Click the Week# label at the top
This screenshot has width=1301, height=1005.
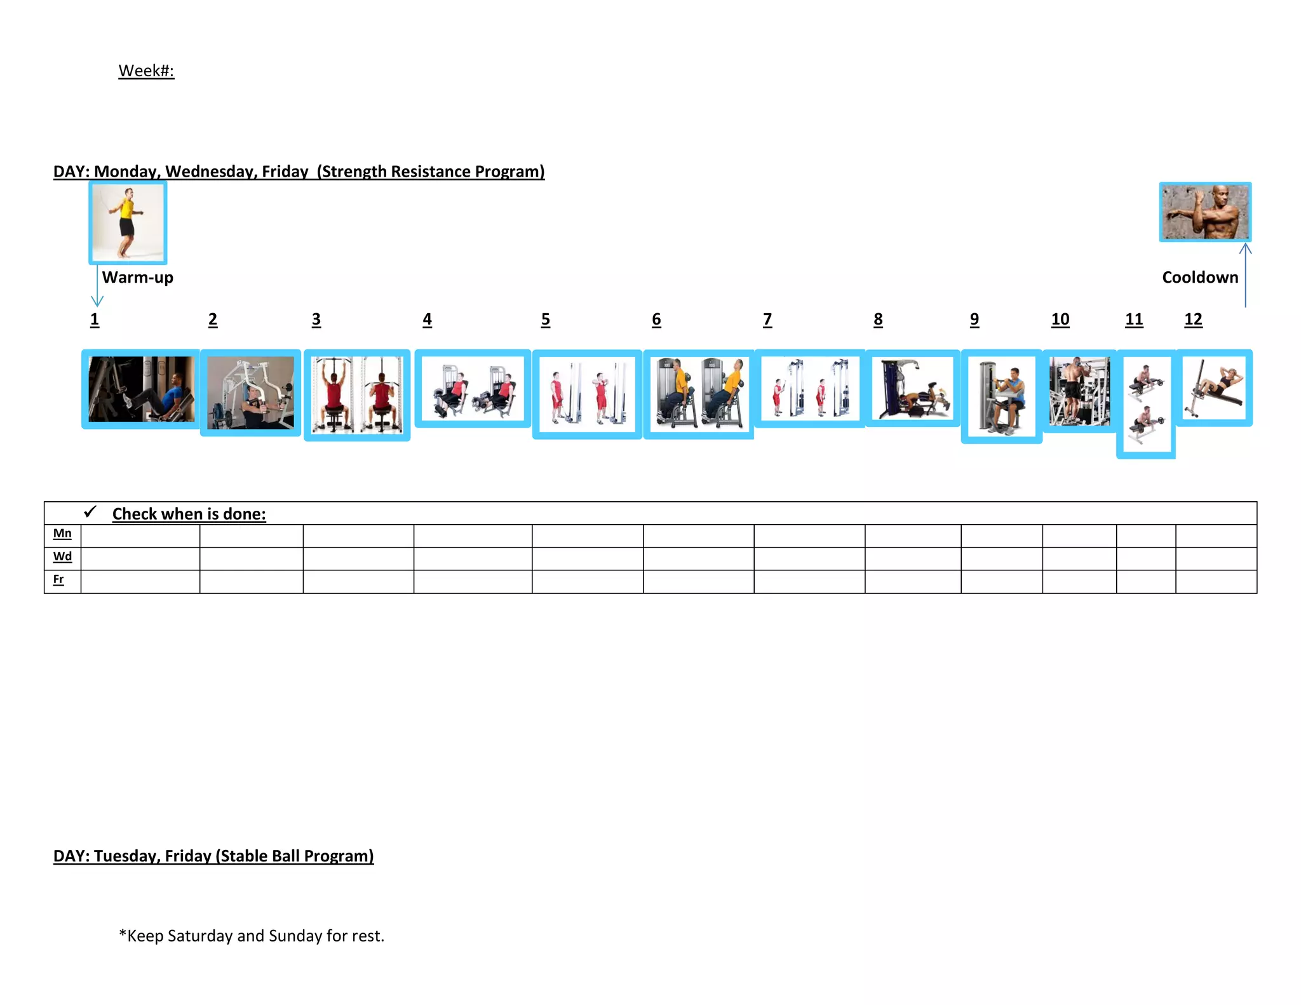point(146,71)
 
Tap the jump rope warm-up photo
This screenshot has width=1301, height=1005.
point(128,222)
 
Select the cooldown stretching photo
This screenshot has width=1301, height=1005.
point(1205,212)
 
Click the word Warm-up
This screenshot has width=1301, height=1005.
point(137,278)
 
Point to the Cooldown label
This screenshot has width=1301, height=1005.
point(1200,278)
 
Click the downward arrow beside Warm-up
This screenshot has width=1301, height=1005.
point(97,286)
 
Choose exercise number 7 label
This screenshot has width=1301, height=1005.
point(767,320)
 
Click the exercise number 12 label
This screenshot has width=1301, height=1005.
point(1193,320)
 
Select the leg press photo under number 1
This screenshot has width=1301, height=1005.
point(141,389)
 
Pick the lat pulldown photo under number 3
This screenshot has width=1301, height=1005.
point(357,395)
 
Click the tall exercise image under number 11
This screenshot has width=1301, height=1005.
point(1146,404)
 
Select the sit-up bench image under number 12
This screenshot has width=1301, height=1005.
point(1214,388)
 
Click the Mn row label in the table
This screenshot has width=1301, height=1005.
point(62,534)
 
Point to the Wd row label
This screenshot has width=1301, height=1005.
point(62,556)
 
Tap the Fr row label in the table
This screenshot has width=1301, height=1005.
point(58,579)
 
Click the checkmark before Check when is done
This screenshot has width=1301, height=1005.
point(90,511)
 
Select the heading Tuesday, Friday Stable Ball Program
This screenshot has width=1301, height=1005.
point(213,856)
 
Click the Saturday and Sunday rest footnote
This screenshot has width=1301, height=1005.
point(252,936)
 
